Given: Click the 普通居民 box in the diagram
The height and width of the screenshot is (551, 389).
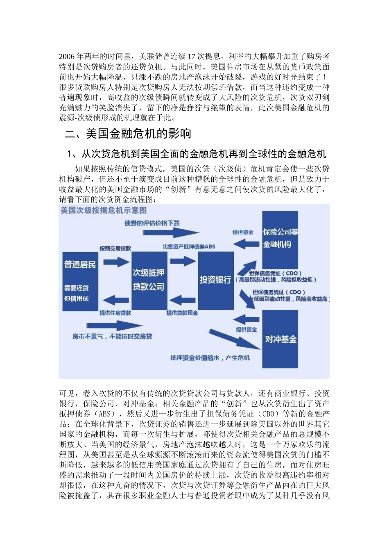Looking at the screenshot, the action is [x=80, y=281].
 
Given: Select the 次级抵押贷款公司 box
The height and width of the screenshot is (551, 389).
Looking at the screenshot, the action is [x=149, y=280].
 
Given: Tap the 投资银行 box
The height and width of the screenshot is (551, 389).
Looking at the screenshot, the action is [x=215, y=280].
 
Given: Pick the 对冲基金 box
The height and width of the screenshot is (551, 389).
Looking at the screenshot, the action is [x=280, y=339].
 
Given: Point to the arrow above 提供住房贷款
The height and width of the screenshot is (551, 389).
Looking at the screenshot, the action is [x=115, y=300].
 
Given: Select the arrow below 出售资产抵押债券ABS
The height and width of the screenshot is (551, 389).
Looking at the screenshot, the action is [x=183, y=261].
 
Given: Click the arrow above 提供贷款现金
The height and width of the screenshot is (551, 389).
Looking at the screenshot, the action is [x=182, y=301].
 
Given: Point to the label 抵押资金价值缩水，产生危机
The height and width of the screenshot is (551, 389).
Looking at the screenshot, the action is [x=210, y=357].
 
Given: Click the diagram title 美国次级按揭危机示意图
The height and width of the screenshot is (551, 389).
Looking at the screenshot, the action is [x=103, y=210].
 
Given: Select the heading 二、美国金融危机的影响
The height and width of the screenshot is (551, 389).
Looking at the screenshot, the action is [x=128, y=134].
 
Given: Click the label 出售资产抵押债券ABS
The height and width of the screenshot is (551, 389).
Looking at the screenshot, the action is [x=188, y=246].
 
